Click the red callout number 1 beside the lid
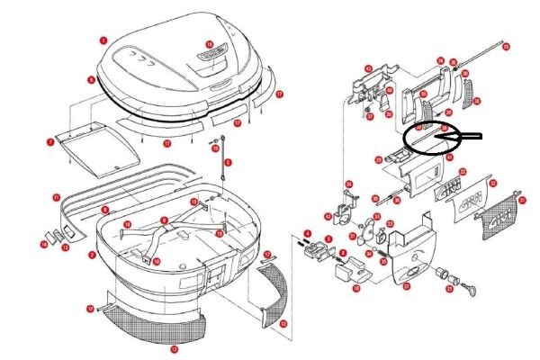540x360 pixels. pos(103,40)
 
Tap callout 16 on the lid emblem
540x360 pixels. pos(209,44)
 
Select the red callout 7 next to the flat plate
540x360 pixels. pos(50,141)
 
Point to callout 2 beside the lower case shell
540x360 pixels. pos(92,255)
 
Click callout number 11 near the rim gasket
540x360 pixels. pos(56,197)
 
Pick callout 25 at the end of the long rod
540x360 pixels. pos(506,46)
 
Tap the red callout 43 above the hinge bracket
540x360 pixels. pos(368,68)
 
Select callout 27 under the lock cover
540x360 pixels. pos(406,286)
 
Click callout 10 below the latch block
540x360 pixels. pos(356,288)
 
